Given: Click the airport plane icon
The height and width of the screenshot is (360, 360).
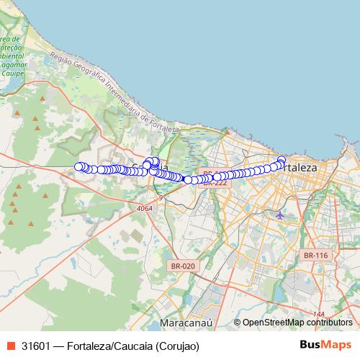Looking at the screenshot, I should pyautogui.click(x=279, y=215).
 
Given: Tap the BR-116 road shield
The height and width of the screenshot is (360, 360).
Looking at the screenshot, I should pyautogui.click(x=315, y=255).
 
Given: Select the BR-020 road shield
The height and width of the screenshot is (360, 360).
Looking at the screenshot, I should pyautogui.click(x=183, y=266).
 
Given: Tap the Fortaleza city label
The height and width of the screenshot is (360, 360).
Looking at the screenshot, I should pyautogui.click(x=299, y=167).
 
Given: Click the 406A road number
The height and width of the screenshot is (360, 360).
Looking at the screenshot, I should pyautogui.click(x=145, y=208).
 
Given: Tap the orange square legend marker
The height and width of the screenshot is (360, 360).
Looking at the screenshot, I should pyautogui.click(x=10, y=345).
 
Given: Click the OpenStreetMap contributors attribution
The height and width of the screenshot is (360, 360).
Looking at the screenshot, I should pyautogui.click(x=297, y=323).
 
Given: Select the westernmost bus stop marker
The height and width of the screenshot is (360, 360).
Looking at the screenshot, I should pyautogui.click(x=79, y=166).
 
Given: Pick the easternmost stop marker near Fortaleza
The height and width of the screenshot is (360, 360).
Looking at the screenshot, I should pyautogui.click(x=282, y=161).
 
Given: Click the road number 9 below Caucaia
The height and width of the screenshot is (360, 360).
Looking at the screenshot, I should pyautogui.click(x=161, y=197).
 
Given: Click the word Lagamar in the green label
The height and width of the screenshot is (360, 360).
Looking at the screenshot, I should pyautogui.click(x=14, y=65).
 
